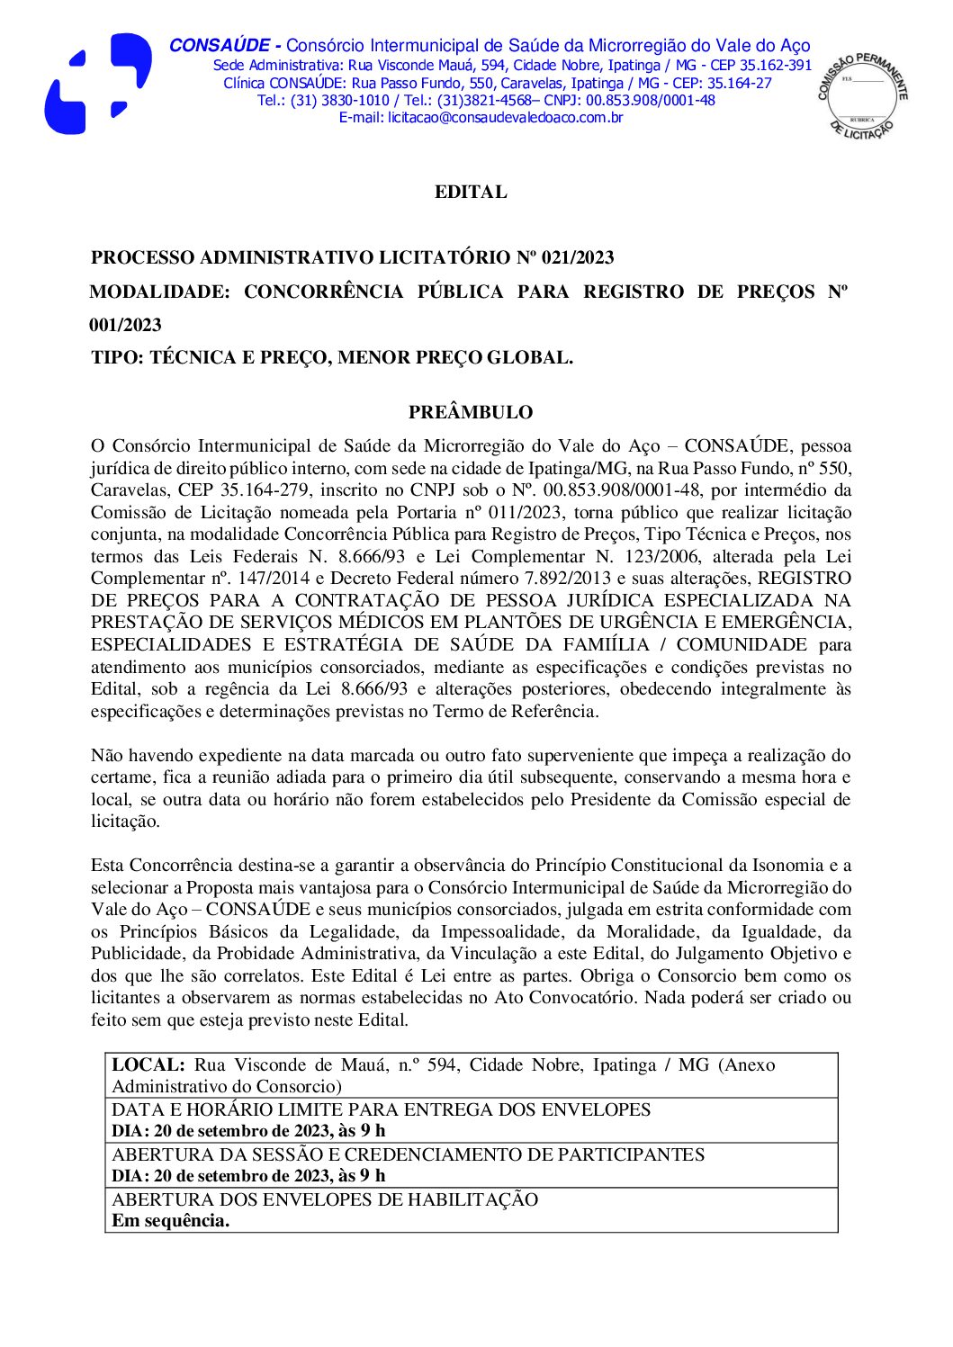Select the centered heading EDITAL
471,192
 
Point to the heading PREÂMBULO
471,412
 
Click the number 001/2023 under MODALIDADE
125,325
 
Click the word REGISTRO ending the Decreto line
805,578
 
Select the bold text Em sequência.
170,1221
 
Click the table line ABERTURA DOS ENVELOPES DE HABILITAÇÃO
325,1199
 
